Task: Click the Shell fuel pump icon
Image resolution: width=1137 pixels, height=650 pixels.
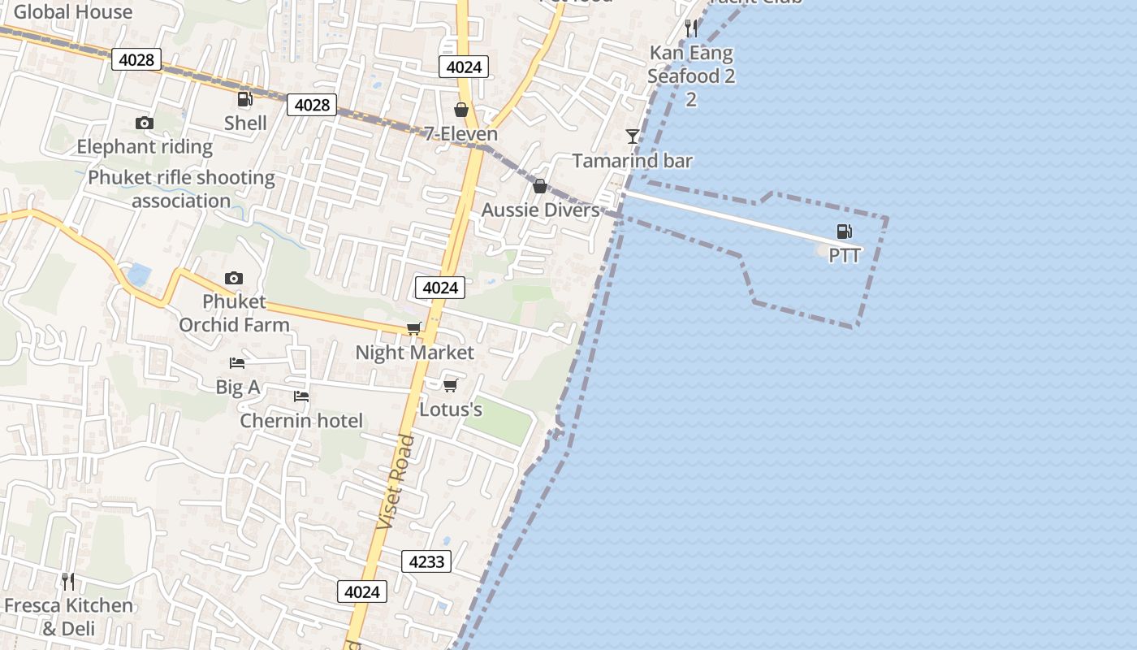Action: click(x=244, y=99)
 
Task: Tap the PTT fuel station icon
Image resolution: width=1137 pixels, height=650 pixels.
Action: click(x=845, y=232)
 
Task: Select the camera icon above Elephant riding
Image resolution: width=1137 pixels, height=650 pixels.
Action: click(x=145, y=123)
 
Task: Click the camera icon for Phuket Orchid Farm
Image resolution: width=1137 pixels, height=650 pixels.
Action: click(x=234, y=278)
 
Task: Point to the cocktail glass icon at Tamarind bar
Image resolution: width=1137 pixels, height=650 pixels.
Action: click(x=633, y=136)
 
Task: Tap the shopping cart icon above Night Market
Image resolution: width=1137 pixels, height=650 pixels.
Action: click(x=414, y=328)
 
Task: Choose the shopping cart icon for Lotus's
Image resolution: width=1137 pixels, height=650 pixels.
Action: click(x=451, y=385)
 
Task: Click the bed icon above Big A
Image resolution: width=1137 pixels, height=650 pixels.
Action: click(x=237, y=362)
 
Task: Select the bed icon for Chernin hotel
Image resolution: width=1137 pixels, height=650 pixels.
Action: click(x=301, y=396)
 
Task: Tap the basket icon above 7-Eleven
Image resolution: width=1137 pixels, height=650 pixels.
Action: click(x=461, y=110)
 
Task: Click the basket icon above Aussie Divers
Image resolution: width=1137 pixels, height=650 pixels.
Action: click(x=540, y=186)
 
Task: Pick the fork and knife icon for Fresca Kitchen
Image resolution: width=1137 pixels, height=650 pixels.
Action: click(x=68, y=581)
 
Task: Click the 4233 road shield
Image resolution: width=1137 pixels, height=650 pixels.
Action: click(x=426, y=561)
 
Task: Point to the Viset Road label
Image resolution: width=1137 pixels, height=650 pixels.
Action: click(x=396, y=482)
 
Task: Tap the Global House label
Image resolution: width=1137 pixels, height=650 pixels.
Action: click(x=73, y=11)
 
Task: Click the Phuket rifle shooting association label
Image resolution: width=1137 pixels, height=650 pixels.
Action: click(x=181, y=188)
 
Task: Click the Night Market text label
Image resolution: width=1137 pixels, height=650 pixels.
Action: click(x=414, y=353)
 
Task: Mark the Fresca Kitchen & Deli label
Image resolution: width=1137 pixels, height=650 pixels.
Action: click(x=68, y=617)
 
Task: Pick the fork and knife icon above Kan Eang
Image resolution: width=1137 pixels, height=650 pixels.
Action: click(x=691, y=28)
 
